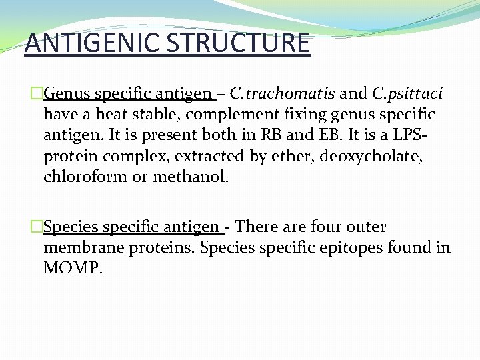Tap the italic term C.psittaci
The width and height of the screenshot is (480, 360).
pyautogui.click(x=407, y=93)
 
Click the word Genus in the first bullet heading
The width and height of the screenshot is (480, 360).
pyautogui.click(x=71, y=93)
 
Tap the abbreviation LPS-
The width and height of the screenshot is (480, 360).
pyautogui.click(x=409, y=135)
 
